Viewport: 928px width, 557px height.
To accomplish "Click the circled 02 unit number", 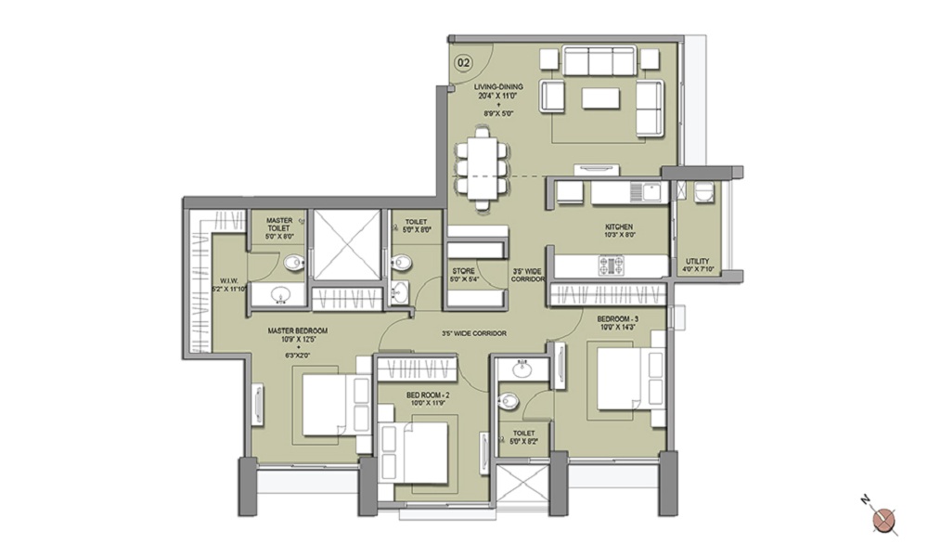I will pyautogui.click(x=463, y=63).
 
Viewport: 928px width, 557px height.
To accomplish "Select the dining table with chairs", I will pyautogui.click(x=481, y=164).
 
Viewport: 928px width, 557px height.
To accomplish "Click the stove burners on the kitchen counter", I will pyautogui.click(x=611, y=266).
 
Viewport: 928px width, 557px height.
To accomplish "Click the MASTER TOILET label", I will pyautogui.click(x=278, y=226).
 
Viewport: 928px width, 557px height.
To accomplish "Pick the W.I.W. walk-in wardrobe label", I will pyautogui.click(x=229, y=283).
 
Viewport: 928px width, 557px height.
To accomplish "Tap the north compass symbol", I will pyautogui.click(x=883, y=516).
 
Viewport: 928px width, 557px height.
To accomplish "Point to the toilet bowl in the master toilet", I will pyautogui.click(x=292, y=262).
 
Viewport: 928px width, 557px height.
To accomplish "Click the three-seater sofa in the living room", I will pyautogui.click(x=600, y=61).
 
